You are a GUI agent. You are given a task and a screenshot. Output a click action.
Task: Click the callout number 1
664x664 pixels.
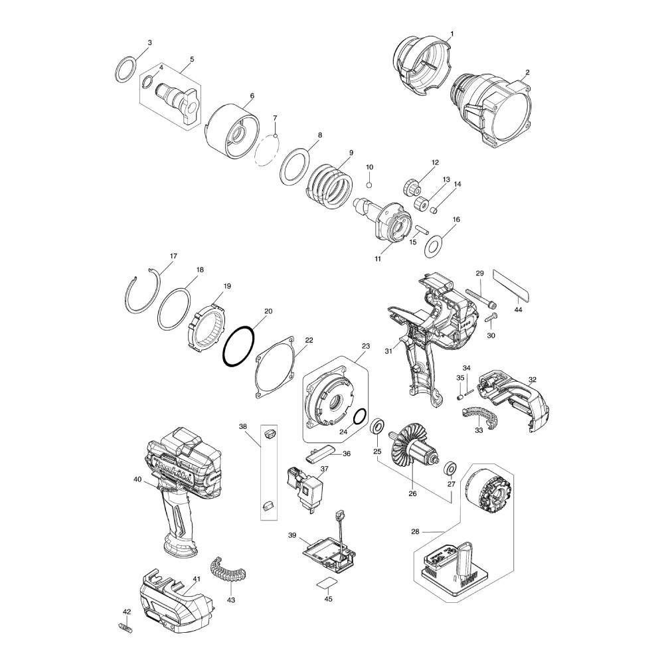click(452, 33)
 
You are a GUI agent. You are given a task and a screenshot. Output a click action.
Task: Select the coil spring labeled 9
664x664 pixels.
click(329, 183)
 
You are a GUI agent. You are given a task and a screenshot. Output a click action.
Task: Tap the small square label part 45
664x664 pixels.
click(325, 582)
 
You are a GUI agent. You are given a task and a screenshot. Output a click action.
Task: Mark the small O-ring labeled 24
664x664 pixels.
click(360, 416)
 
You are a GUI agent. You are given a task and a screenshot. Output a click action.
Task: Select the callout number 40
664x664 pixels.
click(137, 479)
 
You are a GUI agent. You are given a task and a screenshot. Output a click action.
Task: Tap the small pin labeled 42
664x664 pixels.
click(124, 625)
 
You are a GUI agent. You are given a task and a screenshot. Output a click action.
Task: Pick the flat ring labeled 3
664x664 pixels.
click(125, 69)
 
